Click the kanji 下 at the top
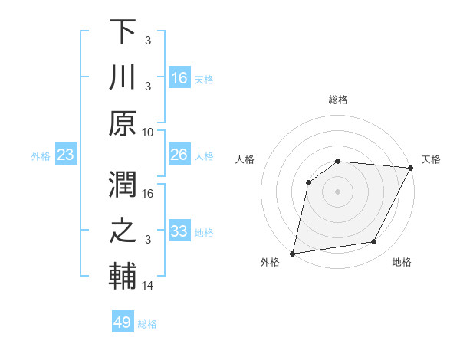coord(123,32)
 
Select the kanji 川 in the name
coord(123,77)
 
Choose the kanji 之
coord(123,231)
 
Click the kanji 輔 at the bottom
coord(123,276)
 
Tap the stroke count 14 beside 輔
coord(148,286)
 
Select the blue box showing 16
coord(179,78)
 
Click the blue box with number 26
coord(179,155)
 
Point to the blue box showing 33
coord(179,232)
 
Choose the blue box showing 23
coord(66,155)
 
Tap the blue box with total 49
coord(123,322)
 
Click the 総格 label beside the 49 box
coord(147,324)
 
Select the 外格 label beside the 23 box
coord(41,156)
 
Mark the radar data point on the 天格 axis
coord(411,169)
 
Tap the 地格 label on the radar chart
coord(402,263)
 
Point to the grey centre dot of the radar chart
coord(337,191)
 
